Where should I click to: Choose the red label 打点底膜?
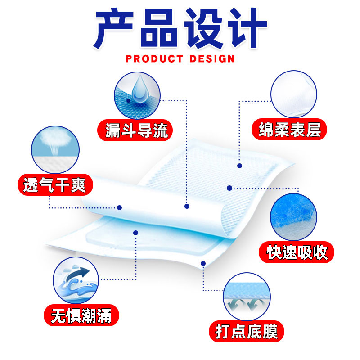[247, 331]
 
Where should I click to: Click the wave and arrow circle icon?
[76, 281]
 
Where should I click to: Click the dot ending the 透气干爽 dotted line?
[120, 207]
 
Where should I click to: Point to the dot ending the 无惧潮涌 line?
[135, 232]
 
